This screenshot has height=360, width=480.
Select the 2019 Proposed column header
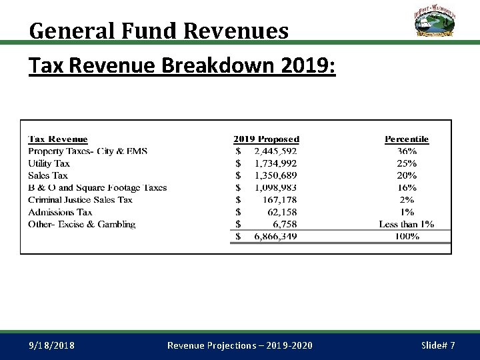click(x=266, y=139)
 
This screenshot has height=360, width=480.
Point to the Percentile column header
click(x=407, y=139)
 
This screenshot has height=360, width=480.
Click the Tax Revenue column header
click(x=58, y=139)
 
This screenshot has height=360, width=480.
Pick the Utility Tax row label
click(x=49, y=163)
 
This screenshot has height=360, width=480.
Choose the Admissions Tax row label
click(x=60, y=212)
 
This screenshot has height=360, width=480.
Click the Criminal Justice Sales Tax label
click(x=80, y=200)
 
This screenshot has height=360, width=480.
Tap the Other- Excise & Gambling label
click(x=81, y=224)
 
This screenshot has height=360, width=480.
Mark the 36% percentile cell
click(x=407, y=151)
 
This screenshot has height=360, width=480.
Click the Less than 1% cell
click(x=406, y=224)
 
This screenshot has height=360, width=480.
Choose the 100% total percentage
click(x=407, y=237)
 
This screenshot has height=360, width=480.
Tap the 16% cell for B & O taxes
click(x=407, y=188)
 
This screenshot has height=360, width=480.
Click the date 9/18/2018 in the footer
click(x=52, y=345)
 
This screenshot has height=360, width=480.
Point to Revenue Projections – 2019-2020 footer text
click(x=239, y=345)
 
